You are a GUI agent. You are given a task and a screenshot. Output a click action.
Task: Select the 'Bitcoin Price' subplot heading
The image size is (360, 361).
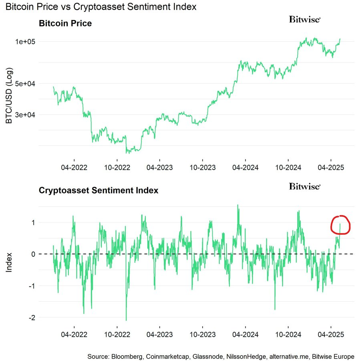pos(65,23)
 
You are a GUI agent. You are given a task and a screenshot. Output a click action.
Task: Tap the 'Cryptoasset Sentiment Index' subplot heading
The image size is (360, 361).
pos(99,190)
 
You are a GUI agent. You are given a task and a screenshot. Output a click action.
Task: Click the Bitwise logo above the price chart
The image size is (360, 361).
pos(305,19)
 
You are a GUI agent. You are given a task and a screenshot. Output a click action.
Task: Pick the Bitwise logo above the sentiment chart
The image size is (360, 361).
pos(305,186)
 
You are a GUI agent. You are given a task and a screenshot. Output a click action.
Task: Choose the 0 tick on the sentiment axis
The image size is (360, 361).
pos(33,254)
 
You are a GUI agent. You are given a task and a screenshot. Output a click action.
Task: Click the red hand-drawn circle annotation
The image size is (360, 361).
pos(341,225)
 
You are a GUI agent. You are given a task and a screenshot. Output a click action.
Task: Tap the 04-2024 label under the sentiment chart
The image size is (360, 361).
pos(245,334)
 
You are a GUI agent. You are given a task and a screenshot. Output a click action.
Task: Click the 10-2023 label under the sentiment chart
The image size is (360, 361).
pos(202,334)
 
